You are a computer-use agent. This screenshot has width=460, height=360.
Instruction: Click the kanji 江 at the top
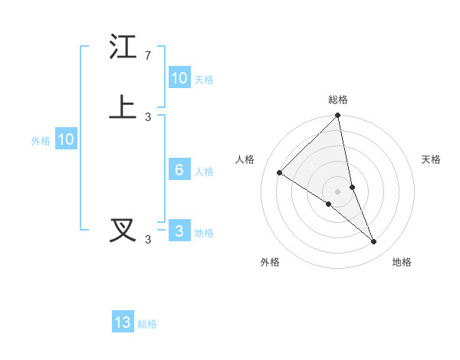[x=123, y=47]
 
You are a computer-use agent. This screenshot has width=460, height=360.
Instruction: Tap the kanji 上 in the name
[x=123, y=107]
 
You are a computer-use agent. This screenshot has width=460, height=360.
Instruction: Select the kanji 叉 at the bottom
[x=123, y=231]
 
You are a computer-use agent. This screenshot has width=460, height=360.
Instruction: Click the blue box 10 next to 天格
[x=179, y=78]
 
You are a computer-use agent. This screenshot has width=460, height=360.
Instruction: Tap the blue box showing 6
[x=179, y=170]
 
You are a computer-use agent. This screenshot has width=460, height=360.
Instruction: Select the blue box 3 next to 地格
[x=179, y=231]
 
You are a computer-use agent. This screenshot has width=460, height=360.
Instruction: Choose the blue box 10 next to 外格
[x=66, y=139]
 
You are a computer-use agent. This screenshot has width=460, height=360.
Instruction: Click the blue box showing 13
[x=123, y=322]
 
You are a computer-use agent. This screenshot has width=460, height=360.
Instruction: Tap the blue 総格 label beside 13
[x=147, y=324]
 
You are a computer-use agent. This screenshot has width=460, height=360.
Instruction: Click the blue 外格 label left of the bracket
[x=41, y=141]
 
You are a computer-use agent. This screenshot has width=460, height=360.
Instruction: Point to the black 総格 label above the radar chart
[x=338, y=100]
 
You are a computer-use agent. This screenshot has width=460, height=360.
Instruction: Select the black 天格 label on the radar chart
[x=432, y=159]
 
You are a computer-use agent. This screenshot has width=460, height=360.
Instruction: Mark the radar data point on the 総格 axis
[x=338, y=116]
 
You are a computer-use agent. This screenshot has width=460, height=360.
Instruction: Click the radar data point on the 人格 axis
[x=280, y=172]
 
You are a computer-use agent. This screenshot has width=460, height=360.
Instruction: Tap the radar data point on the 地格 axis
[x=374, y=242]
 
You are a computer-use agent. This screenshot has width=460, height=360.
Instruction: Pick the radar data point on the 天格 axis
[x=352, y=187]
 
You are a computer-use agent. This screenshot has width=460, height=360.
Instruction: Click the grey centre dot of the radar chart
[x=338, y=191]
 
